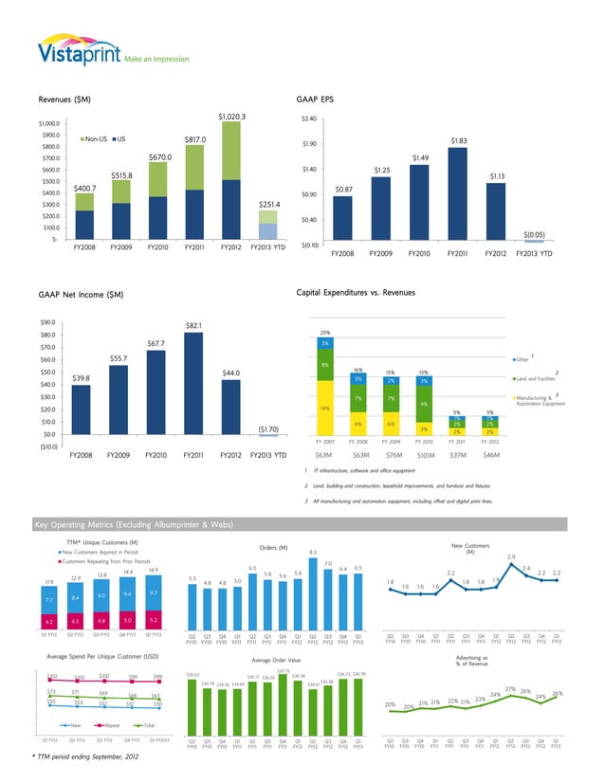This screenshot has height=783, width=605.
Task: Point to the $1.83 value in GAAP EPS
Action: pos(459,141)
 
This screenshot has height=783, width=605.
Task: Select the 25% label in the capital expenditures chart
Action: pos(325,332)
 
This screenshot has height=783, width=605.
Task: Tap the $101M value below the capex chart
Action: pos(427,456)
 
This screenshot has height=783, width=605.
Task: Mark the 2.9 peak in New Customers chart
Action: pos(511,556)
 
